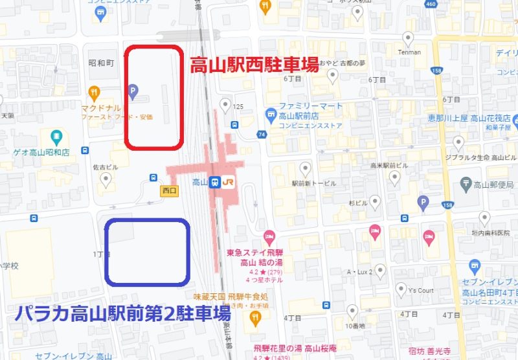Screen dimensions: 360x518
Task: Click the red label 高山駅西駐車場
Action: click(x=253, y=65)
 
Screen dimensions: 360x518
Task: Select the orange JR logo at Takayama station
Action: click(x=229, y=183)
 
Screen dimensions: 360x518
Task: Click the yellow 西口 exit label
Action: click(x=169, y=191)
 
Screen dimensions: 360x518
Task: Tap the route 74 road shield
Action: click(x=262, y=134)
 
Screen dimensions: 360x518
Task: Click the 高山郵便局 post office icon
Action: click(x=465, y=184)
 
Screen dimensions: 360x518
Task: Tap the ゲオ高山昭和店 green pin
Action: click(x=57, y=137)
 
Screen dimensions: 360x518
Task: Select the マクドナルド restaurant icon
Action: click(x=95, y=92)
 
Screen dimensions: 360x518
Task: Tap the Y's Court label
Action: click(x=421, y=290)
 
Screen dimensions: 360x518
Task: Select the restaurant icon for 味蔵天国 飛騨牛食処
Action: click(x=256, y=317)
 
